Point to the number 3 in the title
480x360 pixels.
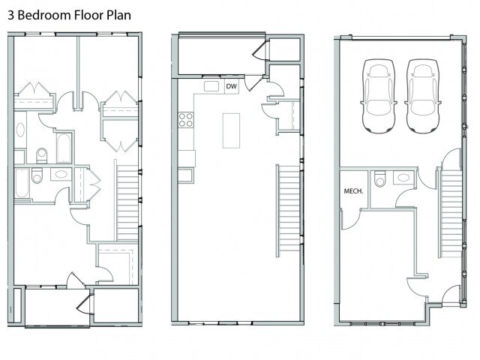pos(11,15)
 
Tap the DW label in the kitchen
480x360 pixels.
pos(232,87)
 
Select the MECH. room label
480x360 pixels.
pos(353,191)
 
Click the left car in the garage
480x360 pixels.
pos(378,96)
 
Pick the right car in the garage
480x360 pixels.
pos(422,96)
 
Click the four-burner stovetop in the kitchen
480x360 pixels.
pos(186,120)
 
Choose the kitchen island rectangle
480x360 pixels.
pos(231,130)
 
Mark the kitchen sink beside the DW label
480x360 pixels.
pos(211,86)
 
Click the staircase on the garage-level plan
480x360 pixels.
pos(451,213)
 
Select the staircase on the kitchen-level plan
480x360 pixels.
pos(289,211)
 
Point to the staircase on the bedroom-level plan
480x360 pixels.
pos(127,202)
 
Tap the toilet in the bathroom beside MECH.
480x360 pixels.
pos(380,178)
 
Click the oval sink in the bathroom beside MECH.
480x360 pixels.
pos(403,177)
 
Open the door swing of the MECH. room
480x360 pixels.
pos(351,220)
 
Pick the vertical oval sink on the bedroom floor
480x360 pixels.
pos(20,130)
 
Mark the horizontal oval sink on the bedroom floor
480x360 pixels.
pos(61,174)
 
